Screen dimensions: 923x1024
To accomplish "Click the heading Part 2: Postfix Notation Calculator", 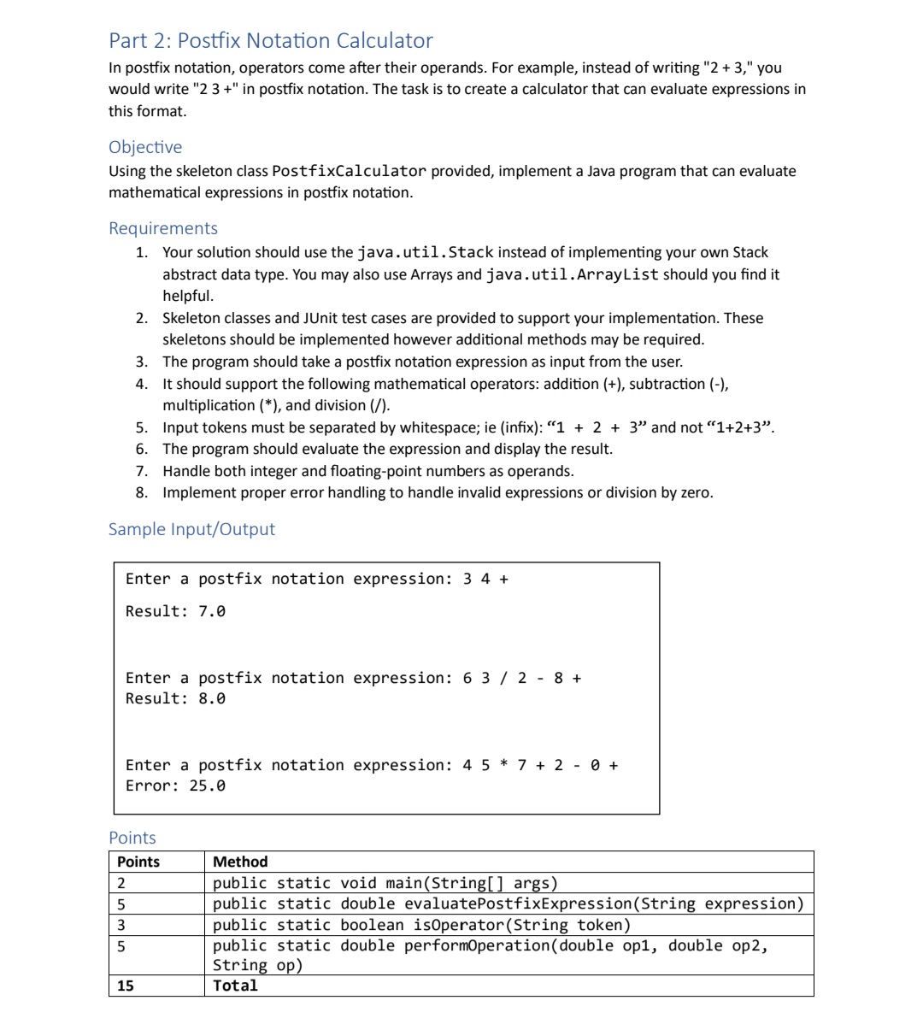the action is click(271, 40).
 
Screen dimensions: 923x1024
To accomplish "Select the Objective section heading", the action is click(145, 147).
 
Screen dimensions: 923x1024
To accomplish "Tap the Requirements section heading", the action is click(163, 228).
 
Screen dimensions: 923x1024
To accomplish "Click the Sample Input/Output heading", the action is click(191, 529).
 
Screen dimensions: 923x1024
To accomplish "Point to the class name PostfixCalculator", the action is click(349, 171).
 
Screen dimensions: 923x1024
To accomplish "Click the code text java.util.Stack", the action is click(425, 252).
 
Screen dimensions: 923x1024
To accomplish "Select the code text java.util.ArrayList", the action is click(572, 274).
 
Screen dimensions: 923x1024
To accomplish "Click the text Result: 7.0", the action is click(175, 611).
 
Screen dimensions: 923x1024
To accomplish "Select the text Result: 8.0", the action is click(175, 698).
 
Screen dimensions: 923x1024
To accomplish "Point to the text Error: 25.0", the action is click(175, 786).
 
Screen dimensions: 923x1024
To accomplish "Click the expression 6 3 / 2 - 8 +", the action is click(522, 678).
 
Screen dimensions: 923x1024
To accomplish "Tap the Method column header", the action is click(240, 862).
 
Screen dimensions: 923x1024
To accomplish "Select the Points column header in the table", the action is click(138, 862).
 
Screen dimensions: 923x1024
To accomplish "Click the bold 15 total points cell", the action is click(126, 986).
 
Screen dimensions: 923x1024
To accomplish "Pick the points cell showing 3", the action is click(121, 925).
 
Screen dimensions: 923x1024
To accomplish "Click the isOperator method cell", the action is click(421, 925).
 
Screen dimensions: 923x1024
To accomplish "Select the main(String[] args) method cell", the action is click(385, 883).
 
